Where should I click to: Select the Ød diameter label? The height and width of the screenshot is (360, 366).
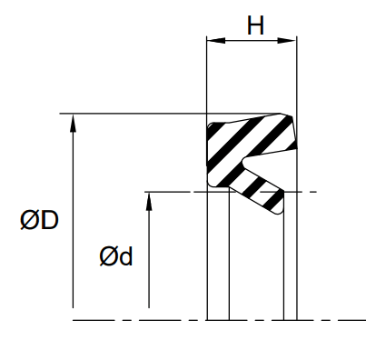pyautogui.click(x=116, y=257)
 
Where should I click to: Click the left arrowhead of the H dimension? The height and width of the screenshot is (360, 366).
pyautogui.click(x=213, y=41)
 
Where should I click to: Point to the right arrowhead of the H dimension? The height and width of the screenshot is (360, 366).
pyautogui.click(x=292, y=41)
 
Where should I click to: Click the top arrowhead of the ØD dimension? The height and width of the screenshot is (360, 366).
pyautogui.click(x=72, y=121)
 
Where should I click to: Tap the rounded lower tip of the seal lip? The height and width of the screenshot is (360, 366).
pyautogui.click(x=278, y=211)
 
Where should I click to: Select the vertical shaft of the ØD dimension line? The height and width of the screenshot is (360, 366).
pyautogui.click(x=72, y=218)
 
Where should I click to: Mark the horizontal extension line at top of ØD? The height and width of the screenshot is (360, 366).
pyautogui.click(x=136, y=114)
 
